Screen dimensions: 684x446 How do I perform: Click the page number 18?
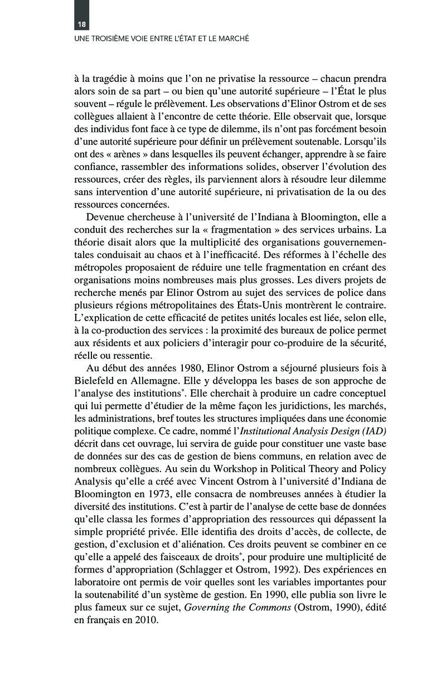tap(81, 25)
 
